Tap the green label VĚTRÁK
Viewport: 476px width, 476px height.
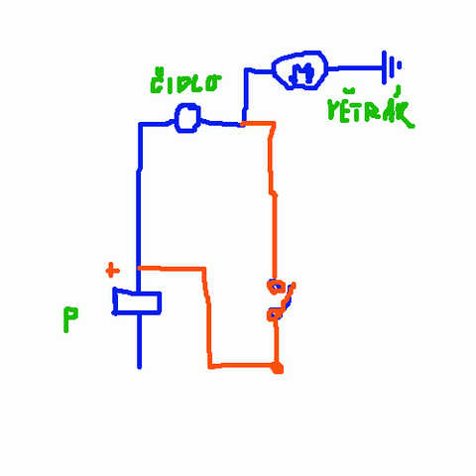click(x=370, y=108)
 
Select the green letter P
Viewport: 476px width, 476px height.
click(x=70, y=319)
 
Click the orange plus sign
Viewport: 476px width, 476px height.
click(x=112, y=271)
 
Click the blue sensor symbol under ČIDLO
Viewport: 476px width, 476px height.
click(x=187, y=118)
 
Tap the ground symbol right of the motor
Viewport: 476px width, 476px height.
click(x=391, y=67)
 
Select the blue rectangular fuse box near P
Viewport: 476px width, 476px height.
click(x=137, y=301)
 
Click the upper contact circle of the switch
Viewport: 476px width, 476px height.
click(x=275, y=287)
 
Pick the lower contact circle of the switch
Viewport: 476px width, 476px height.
click(x=275, y=314)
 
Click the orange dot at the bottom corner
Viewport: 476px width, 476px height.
click(x=277, y=368)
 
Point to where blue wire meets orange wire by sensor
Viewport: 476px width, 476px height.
click(x=243, y=124)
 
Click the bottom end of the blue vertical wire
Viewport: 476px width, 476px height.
click(x=139, y=366)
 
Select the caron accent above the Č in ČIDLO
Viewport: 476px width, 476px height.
click(x=160, y=71)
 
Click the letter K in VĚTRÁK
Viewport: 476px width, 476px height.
click(x=405, y=114)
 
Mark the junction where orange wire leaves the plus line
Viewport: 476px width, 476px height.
click(x=139, y=268)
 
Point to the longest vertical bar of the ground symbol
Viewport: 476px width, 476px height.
click(x=384, y=67)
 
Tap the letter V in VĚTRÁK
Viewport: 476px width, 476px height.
click(x=334, y=111)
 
